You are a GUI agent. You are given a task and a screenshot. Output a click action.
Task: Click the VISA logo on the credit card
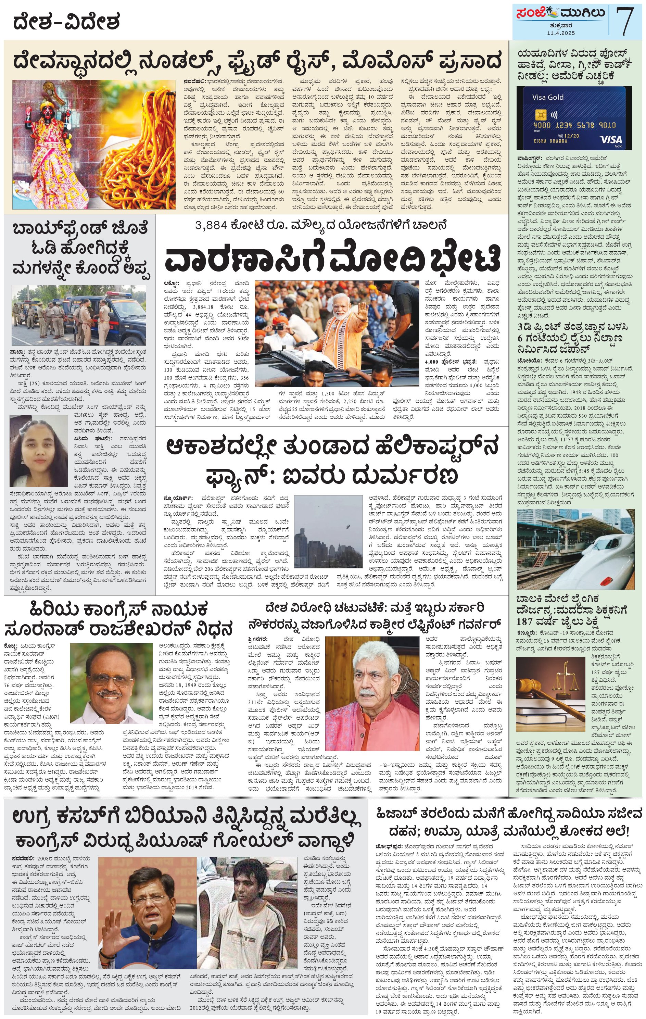611,140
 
